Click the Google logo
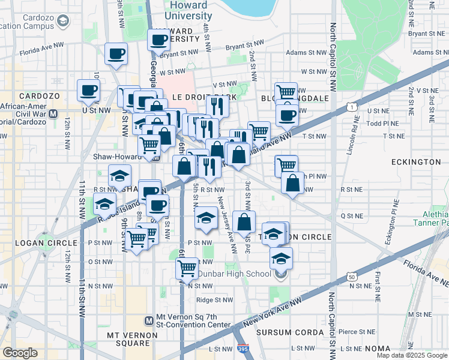(20, 353)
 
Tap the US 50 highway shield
(350, 276)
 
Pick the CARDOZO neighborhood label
(37, 96)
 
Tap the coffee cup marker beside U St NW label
(88, 92)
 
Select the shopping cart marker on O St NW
(188, 267)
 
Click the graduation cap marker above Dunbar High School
(280, 259)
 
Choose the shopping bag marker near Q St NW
(244, 223)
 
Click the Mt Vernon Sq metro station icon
(150, 322)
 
